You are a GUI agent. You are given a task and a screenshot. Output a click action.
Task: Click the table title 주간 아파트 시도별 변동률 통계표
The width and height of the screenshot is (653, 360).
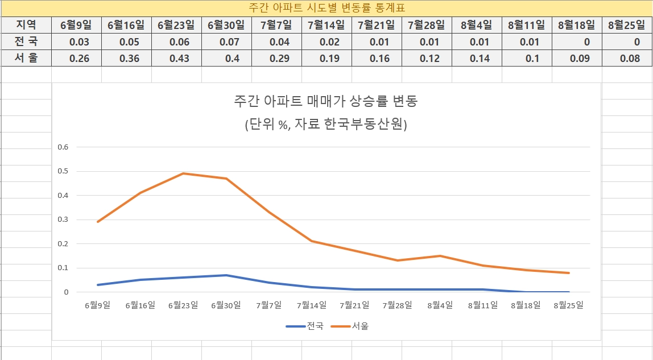coord(326,8)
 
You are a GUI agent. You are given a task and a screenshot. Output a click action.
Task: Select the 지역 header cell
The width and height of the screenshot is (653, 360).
coord(26,25)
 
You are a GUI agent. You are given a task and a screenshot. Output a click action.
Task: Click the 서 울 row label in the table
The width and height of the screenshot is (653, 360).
coord(26,58)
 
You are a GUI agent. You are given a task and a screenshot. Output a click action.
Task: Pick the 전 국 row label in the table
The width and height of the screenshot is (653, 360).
coord(26,42)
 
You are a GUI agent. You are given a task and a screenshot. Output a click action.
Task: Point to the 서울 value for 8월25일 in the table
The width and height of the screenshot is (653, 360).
coord(627,59)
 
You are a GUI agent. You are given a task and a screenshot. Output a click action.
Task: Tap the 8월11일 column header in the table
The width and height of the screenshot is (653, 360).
coord(526,25)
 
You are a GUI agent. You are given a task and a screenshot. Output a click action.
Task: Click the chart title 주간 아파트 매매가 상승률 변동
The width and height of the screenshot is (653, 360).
coord(326,101)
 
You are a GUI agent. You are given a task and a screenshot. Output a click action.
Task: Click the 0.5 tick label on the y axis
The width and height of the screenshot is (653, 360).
coord(63,171)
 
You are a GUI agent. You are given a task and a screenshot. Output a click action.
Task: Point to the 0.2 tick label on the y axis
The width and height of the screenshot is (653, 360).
coord(63,244)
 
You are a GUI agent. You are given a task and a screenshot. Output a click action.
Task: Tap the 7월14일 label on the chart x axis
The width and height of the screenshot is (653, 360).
coord(312,305)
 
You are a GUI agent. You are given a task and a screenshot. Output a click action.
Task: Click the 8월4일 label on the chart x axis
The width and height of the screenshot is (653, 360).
coord(440,305)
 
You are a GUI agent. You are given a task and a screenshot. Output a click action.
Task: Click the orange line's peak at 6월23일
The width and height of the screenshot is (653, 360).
coord(184,173)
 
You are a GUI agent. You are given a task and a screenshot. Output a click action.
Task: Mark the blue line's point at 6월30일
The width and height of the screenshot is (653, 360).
coord(226,275)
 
